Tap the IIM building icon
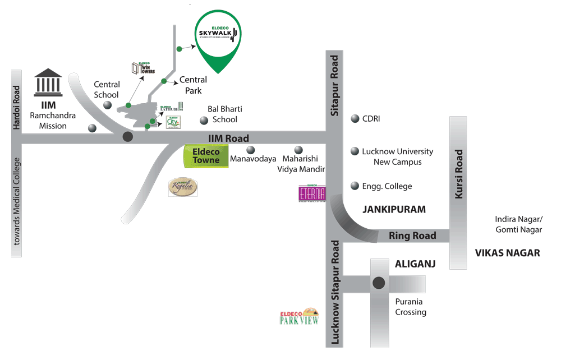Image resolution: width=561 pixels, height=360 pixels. [48, 82]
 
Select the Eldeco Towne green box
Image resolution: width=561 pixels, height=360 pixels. [206, 156]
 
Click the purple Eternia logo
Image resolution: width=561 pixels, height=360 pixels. [312, 193]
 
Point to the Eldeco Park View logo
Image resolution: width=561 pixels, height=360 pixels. [300, 317]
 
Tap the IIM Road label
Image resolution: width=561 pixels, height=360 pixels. [228, 139]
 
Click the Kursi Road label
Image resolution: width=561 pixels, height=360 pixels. [459, 174]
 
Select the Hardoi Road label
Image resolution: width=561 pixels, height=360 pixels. [17, 108]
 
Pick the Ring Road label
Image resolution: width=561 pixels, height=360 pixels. [412, 236]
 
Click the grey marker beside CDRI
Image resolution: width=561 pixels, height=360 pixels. [355, 118]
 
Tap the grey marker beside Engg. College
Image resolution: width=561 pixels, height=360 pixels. [355, 186]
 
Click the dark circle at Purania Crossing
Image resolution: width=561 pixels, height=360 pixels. [379, 283]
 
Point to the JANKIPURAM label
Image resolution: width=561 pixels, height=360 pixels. [394, 210]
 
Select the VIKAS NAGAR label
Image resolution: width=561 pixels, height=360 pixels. [507, 253]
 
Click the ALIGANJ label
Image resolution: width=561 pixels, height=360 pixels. [416, 264]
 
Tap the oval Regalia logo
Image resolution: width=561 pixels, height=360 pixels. [183, 187]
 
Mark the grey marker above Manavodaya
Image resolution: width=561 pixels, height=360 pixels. [251, 150]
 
